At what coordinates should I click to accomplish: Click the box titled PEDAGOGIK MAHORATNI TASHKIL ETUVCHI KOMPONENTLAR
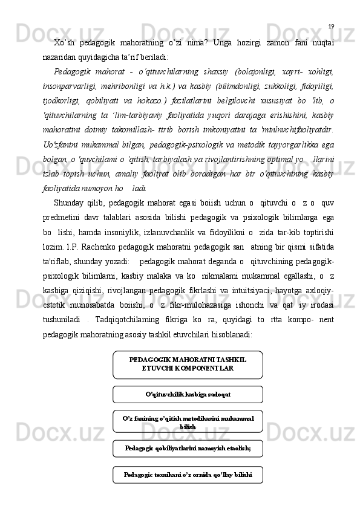188,364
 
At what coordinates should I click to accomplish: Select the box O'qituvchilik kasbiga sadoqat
188,394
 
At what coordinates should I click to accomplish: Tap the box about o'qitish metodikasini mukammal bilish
188,421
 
